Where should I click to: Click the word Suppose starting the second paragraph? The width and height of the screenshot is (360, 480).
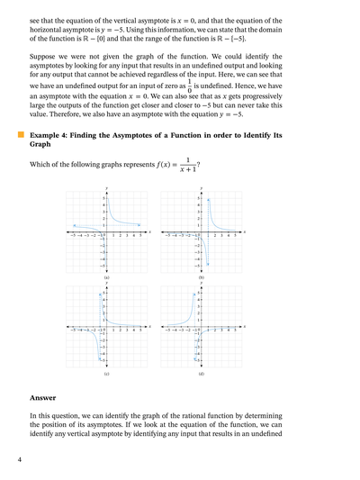point(46,68)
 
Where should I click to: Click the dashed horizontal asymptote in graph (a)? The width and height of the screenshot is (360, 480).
point(90,225)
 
